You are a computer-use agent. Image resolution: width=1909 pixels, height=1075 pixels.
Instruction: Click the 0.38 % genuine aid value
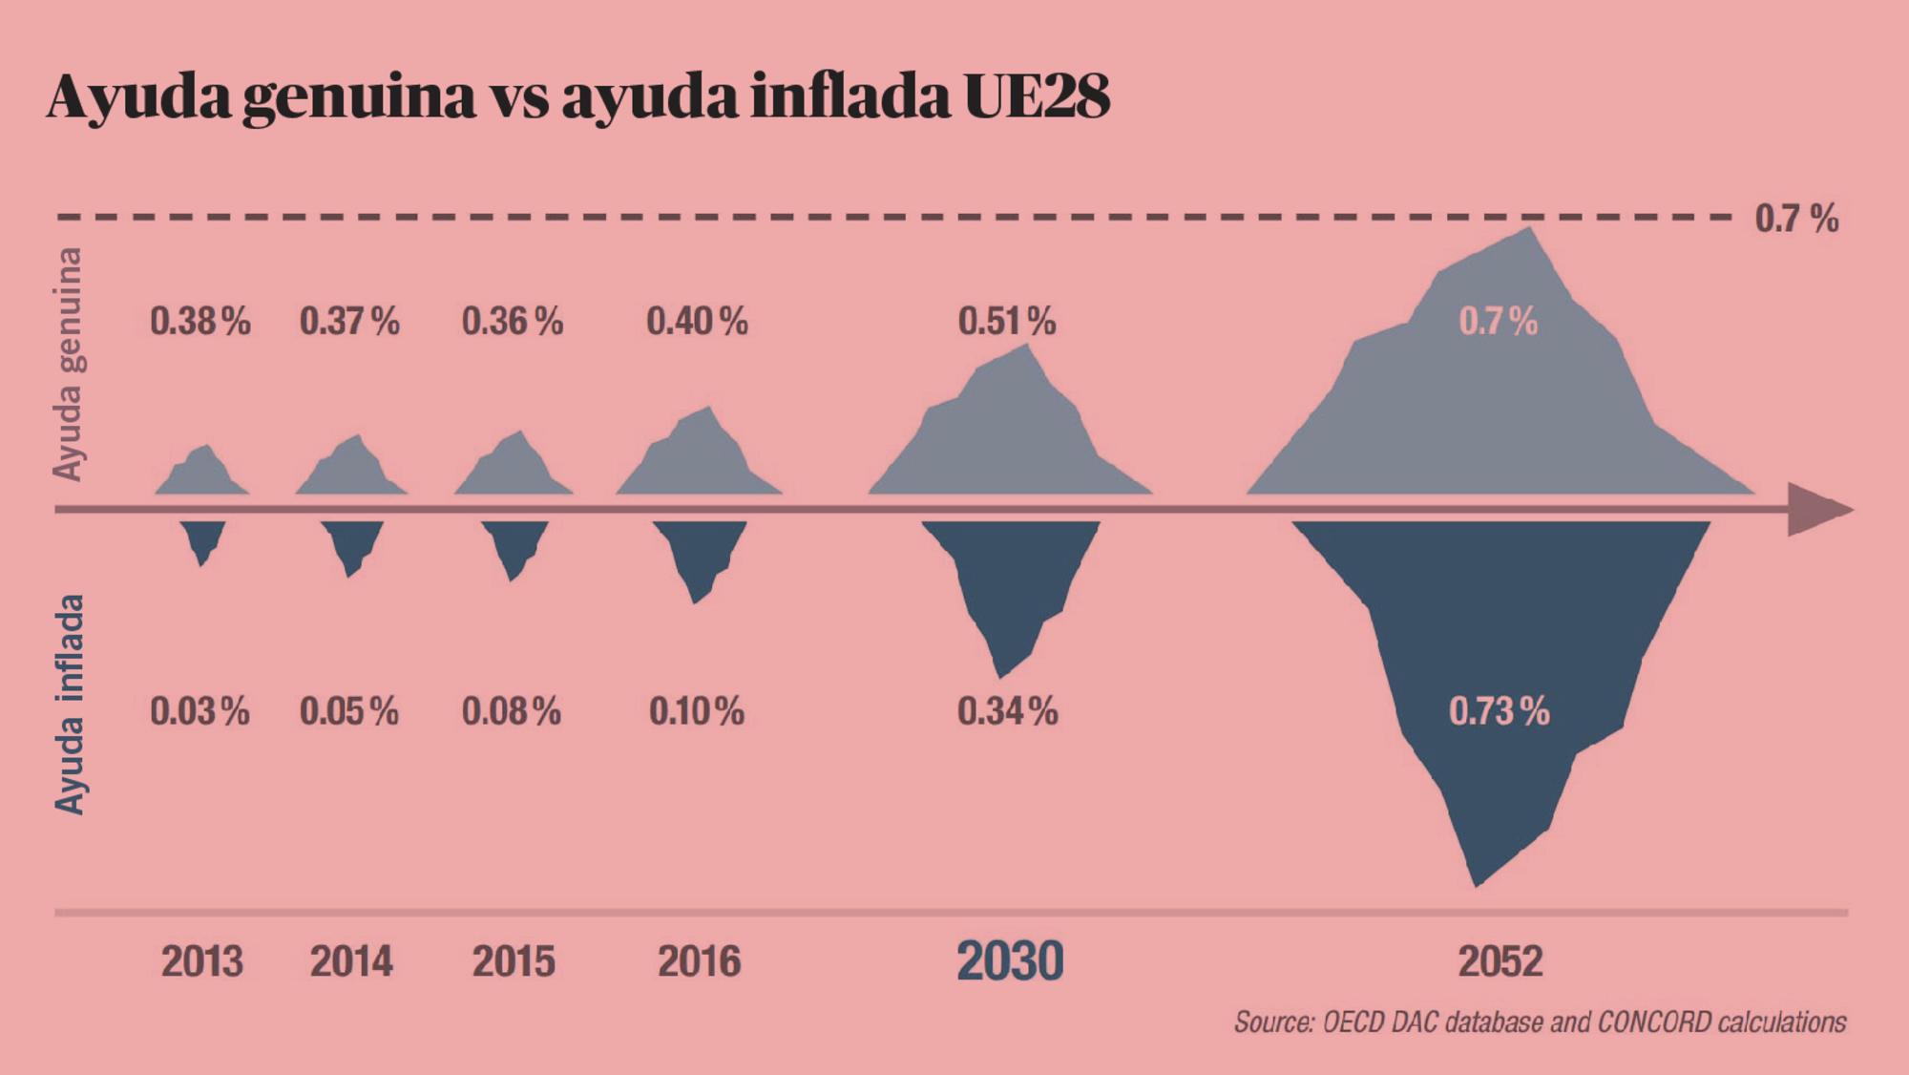[199, 322]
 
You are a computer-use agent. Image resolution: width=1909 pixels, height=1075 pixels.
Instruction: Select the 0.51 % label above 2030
[1007, 322]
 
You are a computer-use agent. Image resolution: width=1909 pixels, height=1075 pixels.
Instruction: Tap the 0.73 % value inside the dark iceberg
[1499, 711]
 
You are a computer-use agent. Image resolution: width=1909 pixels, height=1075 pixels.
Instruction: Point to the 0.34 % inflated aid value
[1007, 711]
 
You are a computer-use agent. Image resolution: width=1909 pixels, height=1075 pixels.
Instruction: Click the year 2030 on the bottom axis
[1009, 960]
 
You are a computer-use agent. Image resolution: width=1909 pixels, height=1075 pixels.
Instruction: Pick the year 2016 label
[699, 960]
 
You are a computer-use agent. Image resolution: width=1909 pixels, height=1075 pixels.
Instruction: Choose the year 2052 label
[1500, 960]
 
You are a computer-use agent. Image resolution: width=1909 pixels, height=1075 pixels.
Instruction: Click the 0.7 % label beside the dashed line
[1796, 220]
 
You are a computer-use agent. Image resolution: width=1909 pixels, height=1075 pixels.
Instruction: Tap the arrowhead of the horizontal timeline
[1818, 510]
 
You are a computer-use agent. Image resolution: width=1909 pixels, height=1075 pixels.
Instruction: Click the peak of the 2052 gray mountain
[1530, 229]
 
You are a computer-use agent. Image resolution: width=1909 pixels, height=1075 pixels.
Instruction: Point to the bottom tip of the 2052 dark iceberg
[1477, 884]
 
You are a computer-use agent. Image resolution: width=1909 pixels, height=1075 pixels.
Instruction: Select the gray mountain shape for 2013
[203, 474]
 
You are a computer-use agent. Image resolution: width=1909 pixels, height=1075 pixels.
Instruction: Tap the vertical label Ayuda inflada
[69, 705]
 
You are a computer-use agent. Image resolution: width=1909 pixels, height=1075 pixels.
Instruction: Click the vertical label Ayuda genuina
[67, 364]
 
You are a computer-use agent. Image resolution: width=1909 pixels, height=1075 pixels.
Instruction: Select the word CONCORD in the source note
[1654, 1022]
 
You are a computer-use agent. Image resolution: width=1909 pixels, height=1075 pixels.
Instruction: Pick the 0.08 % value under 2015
[511, 711]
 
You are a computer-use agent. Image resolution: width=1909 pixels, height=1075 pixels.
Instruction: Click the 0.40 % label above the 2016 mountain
[697, 322]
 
